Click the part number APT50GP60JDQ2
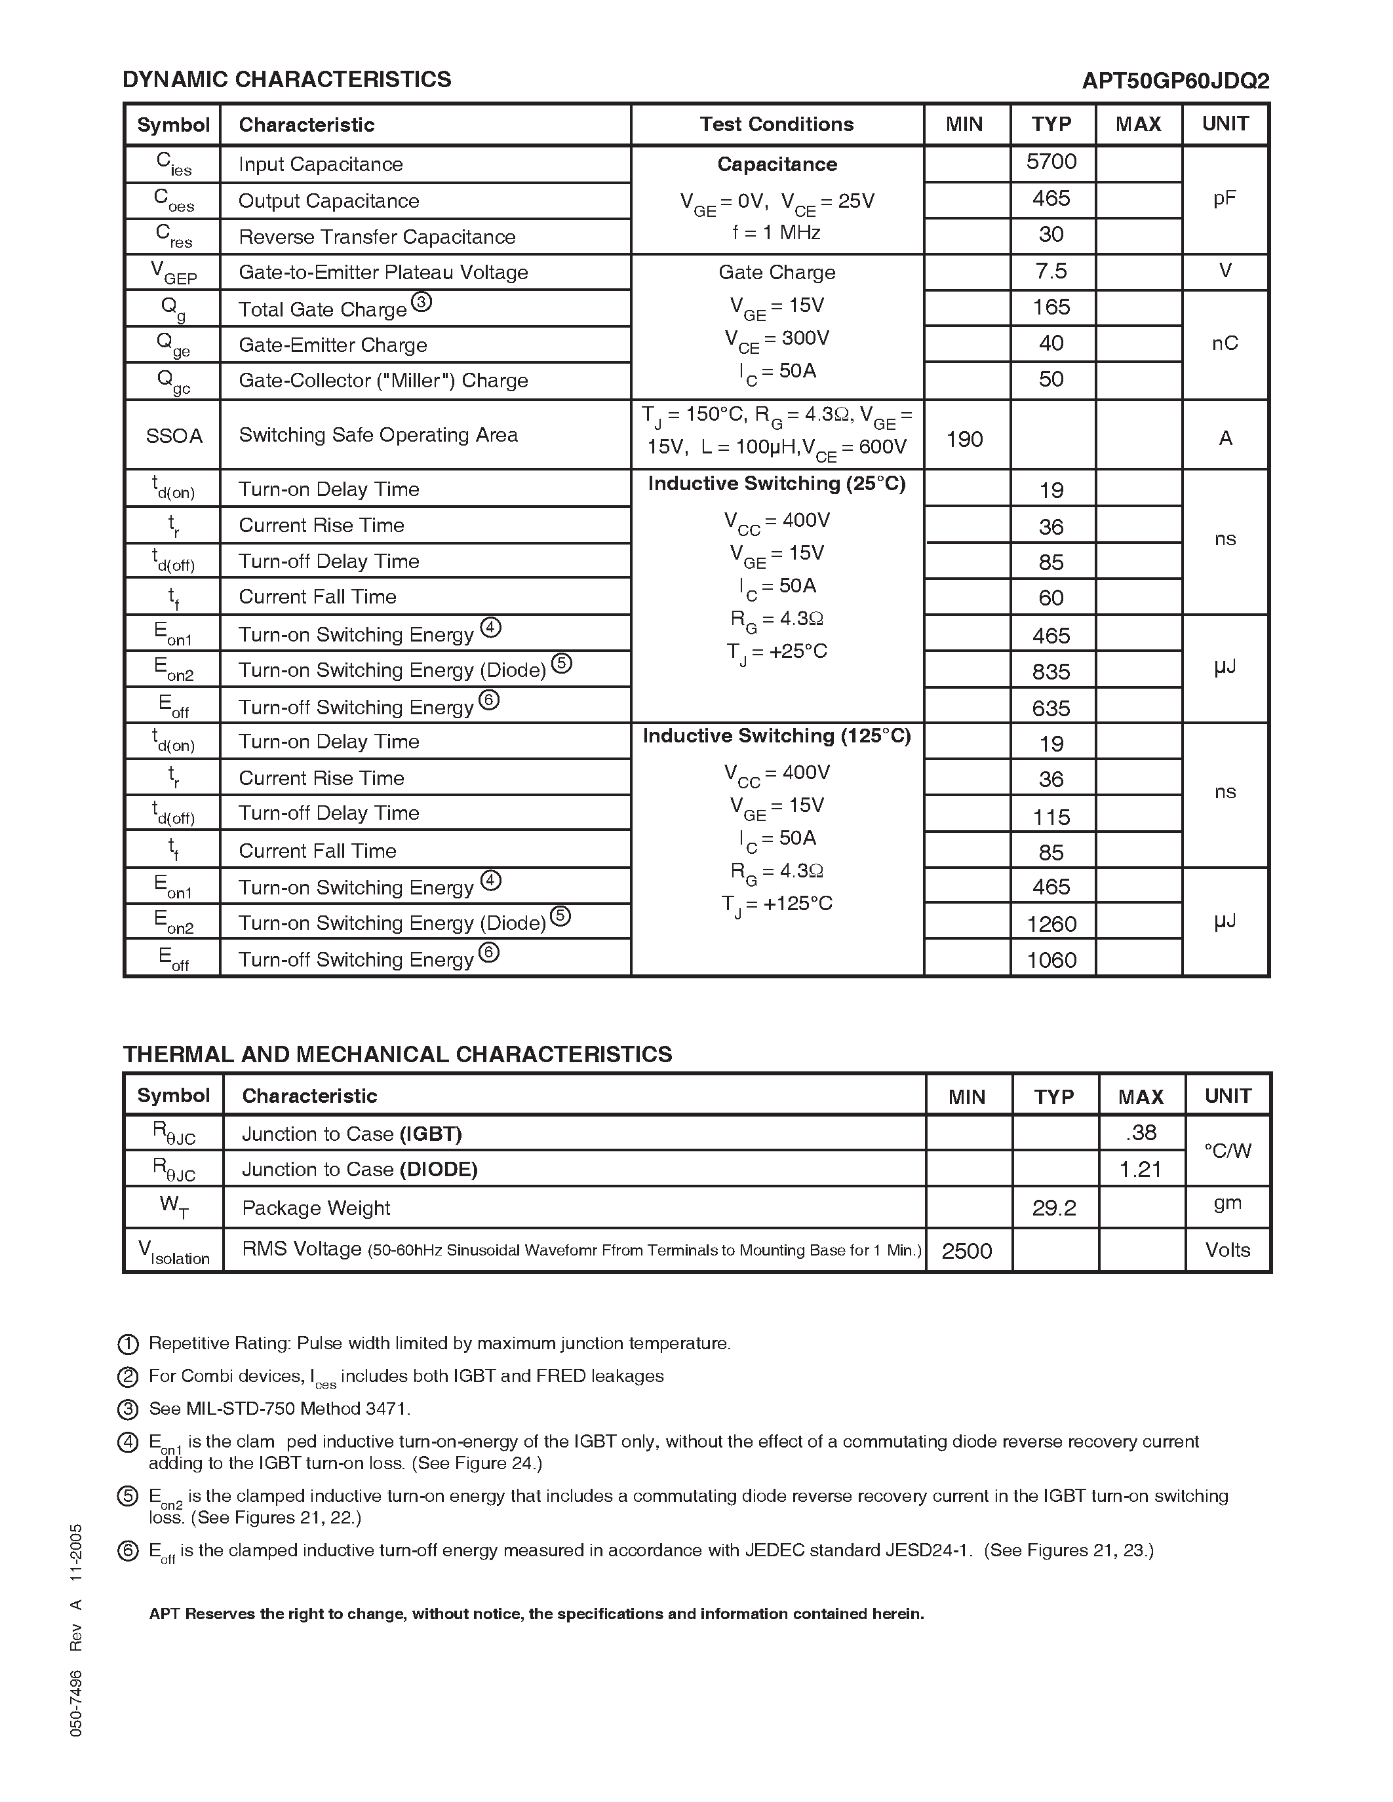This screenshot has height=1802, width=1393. [1175, 81]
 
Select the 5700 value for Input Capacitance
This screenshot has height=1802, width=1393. [1051, 162]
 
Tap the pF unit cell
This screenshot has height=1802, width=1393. [1225, 199]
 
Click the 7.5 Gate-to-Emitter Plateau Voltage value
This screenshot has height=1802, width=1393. [1051, 271]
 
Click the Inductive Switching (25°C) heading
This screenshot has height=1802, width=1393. [777, 484]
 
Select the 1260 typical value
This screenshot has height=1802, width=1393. [1051, 923]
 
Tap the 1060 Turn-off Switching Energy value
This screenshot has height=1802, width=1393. [1051, 959]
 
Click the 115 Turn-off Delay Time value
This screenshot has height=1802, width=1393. [1051, 817]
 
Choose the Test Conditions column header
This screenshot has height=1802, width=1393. [777, 125]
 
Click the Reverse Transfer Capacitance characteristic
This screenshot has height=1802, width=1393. [376, 238]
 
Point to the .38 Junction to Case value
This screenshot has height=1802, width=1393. [1141, 1133]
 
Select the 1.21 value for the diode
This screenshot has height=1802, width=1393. [1141, 1169]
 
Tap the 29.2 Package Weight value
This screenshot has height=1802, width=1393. [1054, 1208]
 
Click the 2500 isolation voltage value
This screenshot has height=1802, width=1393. [966, 1251]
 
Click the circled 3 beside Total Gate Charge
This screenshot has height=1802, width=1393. [421, 302]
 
